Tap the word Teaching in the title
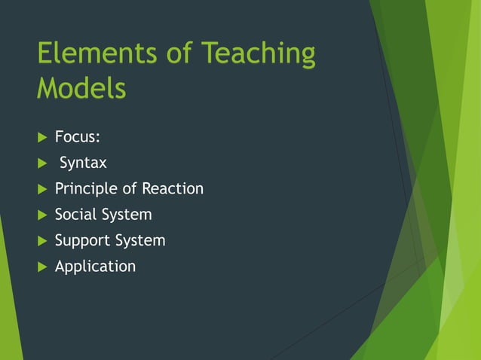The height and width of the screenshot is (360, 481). pyautogui.click(x=258, y=55)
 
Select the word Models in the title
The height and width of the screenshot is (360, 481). pyautogui.click(x=81, y=88)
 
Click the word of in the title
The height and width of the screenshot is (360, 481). pyautogui.click(x=173, y=53)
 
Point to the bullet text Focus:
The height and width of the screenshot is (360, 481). pyautogui.click(x=78, y=137)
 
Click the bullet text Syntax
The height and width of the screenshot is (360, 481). pyautogui.click(x=83, y=163)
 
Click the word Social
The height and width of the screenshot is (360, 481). pyautogui.click(x=76, y=215)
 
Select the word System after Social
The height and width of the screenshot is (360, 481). pyautogui.click(x=127, y=215)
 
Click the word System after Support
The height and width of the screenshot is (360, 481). pyautogui.click(x=140, y=241)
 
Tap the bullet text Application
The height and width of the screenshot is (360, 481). pyautogui.click(x=95, y=267)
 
